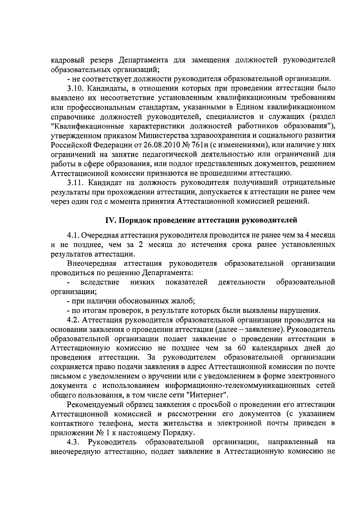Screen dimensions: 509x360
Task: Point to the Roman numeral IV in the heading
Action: tap(109, 220)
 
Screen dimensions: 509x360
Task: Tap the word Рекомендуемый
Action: tap(95, 405)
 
